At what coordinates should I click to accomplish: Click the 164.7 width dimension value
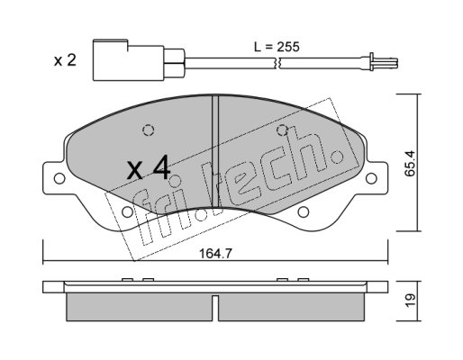click(215, 254)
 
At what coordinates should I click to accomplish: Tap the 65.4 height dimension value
click(410, 163)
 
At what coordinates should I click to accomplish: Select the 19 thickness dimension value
click(410, 300)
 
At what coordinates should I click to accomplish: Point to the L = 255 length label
click(277, 47)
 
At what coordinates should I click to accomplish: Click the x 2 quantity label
click(65, 60)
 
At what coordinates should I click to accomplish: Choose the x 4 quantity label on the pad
click(149, 168)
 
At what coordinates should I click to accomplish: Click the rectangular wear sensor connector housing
click(129, 60)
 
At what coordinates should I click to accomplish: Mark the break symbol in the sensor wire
click(277, 63)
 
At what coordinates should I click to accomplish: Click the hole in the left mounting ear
click(59, 178)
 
